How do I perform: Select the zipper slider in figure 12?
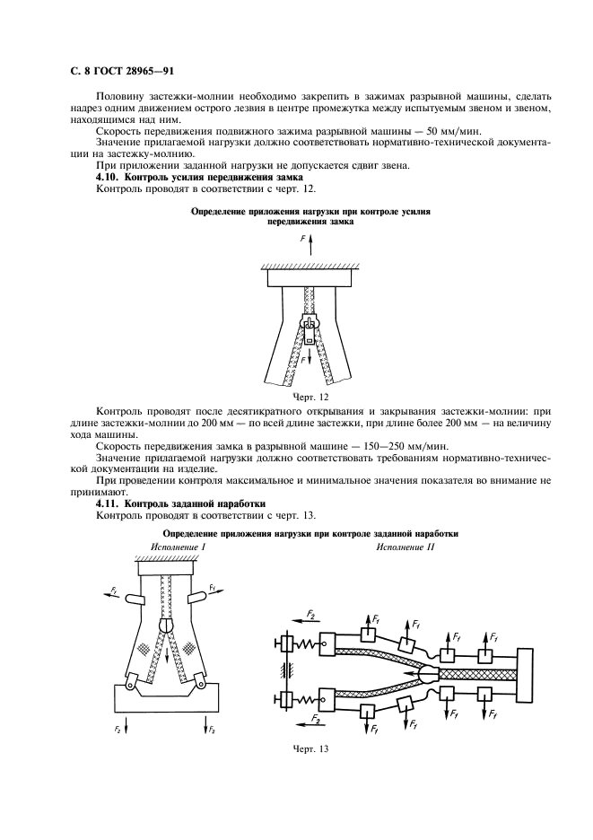click(x=307, y=328)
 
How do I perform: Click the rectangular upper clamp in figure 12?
click(x=306, y=278)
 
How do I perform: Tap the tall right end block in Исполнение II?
click(x=527, y=669)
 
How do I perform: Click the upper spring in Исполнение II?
click(x=304, y=643)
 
